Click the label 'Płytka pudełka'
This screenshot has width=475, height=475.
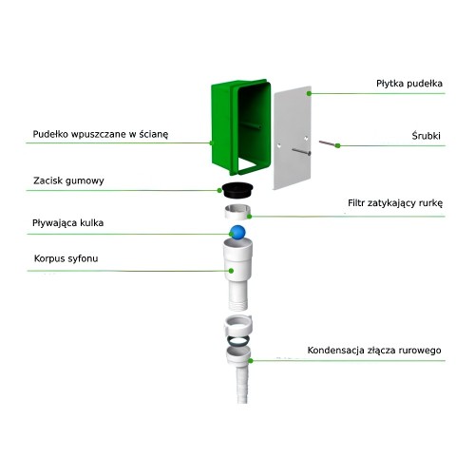(409, 84)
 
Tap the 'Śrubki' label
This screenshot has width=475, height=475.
(426, 136)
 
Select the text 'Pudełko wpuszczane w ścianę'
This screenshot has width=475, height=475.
(101, 134)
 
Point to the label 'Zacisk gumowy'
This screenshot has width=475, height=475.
(68, 180)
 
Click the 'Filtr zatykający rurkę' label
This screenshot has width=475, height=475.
(395, 203)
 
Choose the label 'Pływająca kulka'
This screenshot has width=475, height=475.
(67, 223)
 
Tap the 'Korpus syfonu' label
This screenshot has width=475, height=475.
(66, 258)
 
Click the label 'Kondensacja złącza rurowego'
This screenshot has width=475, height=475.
(374, 351)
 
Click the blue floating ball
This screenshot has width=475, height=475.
(237, 232)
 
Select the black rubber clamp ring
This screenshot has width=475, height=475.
(237, 190)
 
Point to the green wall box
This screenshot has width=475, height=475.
(240, 126)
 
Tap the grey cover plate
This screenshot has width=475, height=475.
(292, 138)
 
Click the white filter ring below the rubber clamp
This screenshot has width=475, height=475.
(237, 212)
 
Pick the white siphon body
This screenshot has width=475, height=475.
(237, 275)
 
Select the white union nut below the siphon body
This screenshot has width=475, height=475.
(237, 326)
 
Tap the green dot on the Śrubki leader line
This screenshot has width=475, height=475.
(338, 145)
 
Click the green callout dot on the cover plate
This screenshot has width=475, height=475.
(309, 93)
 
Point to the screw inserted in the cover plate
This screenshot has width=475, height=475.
(301, 152)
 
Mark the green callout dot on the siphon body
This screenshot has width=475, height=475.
(231, 271)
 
